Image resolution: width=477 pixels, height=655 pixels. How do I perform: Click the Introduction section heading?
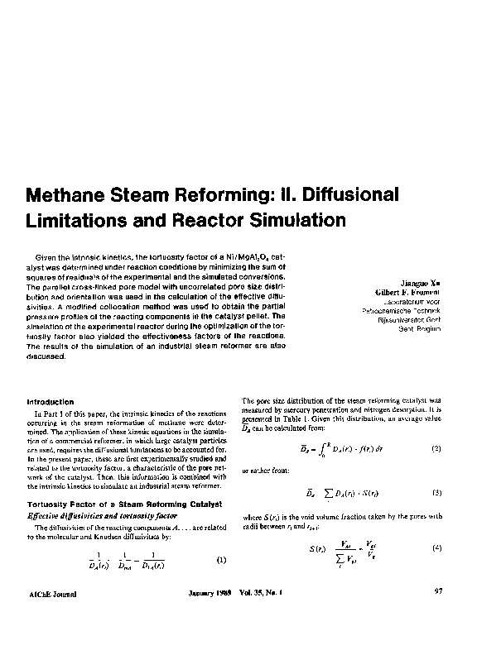click(51, 402)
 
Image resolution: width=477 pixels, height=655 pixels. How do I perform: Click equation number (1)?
click(221, 560)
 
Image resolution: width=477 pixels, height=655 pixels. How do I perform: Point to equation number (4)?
click(436, 548)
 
